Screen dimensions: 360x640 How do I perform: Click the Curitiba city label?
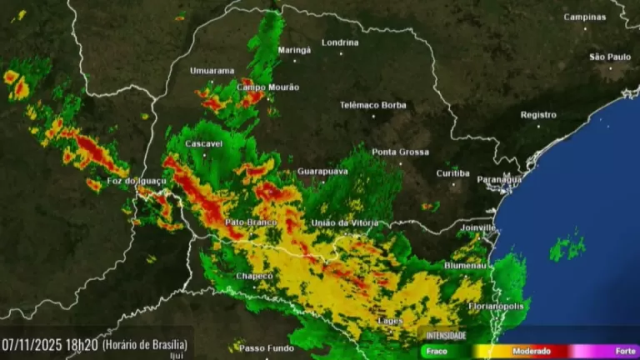452,173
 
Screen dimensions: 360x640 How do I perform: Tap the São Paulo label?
610,57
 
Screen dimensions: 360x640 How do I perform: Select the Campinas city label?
585,17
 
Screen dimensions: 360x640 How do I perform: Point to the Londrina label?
340,42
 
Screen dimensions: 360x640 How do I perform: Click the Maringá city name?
293,50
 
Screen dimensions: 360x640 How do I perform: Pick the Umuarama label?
212,71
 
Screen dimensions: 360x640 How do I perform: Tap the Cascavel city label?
203,144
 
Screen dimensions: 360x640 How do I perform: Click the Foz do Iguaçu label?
137,181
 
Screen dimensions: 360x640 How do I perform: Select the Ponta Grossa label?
400,152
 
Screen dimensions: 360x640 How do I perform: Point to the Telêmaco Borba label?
372,105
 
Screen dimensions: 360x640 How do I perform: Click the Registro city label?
538,115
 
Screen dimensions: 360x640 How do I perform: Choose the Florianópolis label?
497,306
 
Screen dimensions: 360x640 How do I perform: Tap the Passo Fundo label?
267,348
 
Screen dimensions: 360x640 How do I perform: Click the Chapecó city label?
254,276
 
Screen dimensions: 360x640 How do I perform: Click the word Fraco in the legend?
435,351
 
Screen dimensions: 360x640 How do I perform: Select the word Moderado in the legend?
532,351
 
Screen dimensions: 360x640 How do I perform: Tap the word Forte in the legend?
624,351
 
